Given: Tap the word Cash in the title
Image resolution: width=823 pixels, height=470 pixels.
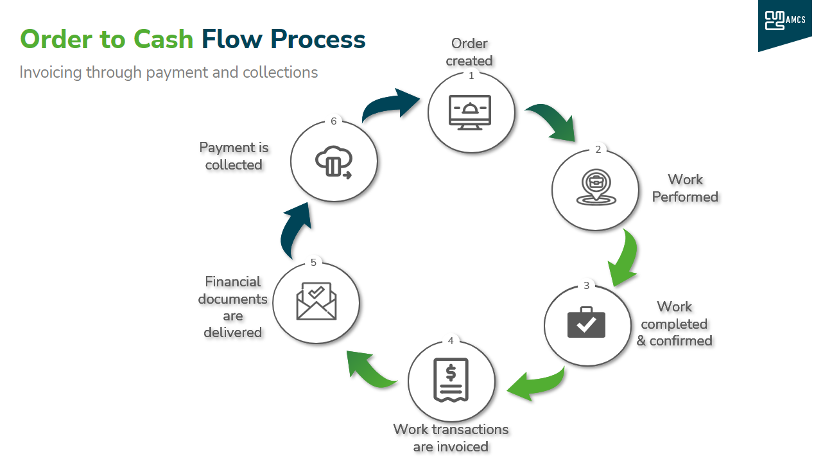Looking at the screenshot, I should click(163, 39).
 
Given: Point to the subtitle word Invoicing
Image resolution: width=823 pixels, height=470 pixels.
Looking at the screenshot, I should click(51, 72).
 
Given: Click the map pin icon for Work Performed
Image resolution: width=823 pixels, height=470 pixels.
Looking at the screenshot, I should click(596, 187).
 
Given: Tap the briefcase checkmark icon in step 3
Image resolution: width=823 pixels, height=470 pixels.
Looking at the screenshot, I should click(586, 322).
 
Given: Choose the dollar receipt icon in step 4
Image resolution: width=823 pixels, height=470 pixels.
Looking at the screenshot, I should click(451, 379).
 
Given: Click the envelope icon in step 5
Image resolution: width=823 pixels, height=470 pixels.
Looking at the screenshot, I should click(316, 301).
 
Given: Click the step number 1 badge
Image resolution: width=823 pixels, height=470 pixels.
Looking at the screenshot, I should click(471, 75).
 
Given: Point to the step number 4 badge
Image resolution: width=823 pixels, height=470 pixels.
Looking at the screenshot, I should click(451, 340).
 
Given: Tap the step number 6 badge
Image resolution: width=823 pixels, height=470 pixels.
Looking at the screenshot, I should click(334, 121).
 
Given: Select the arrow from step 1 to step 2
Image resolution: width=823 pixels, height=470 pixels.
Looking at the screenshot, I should click(552, 122).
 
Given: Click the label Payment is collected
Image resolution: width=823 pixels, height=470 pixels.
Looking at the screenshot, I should click(234, 156).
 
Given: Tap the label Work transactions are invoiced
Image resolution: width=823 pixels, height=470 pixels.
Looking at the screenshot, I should click(451, 437).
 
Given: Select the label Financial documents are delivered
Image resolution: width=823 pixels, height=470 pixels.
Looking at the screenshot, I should click(232, 307).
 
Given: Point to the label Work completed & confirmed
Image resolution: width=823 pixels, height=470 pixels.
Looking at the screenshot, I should click(674, 324).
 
